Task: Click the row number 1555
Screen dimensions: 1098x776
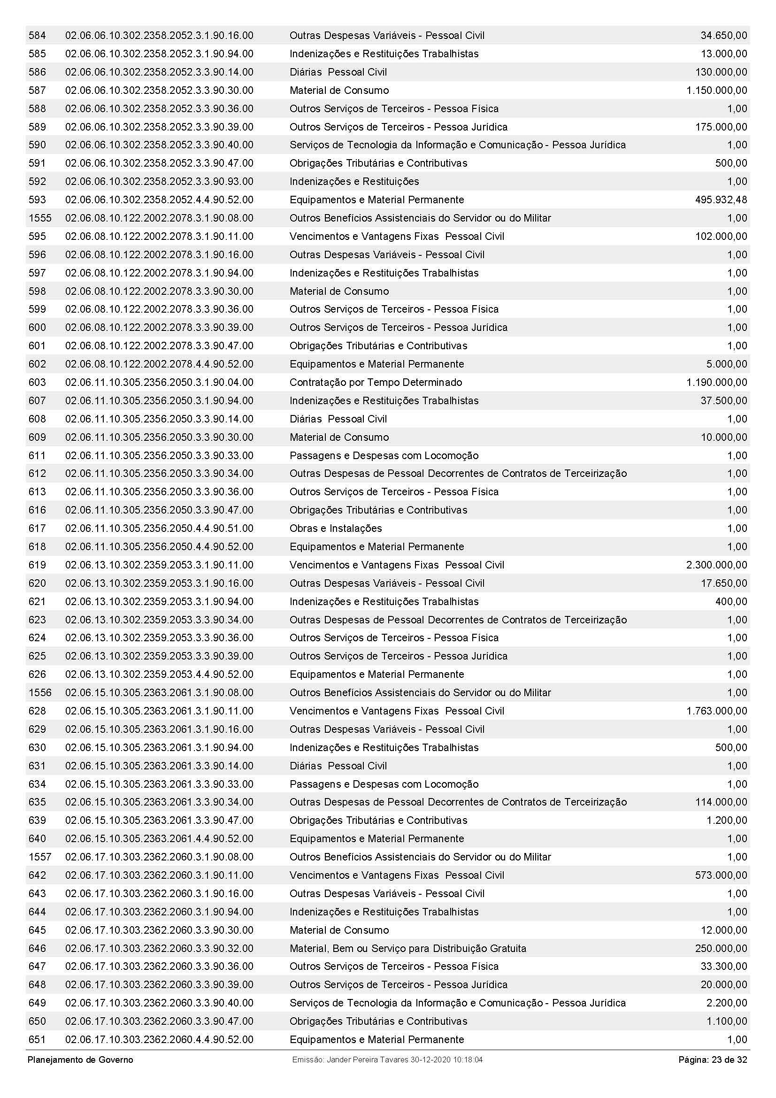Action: point(40,218)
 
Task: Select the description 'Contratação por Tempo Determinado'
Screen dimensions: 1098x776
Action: point(376,383)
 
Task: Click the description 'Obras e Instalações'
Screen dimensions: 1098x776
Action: point(336,529)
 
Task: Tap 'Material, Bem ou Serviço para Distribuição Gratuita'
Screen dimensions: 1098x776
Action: point(408,948)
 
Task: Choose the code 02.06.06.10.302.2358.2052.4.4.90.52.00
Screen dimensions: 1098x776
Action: point(159,200)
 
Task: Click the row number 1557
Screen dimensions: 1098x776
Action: point(40,857)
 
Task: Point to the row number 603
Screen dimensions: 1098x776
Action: point(37,383)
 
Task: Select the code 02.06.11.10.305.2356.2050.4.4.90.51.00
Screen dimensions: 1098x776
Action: point(159,529)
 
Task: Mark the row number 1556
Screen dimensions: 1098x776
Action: point(40,693)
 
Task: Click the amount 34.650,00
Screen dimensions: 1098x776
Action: point(723,35)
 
